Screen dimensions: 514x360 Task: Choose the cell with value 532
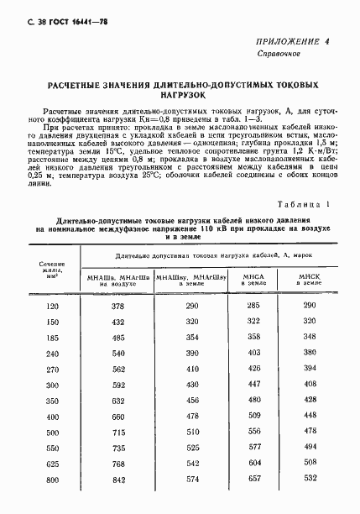point(310,480)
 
